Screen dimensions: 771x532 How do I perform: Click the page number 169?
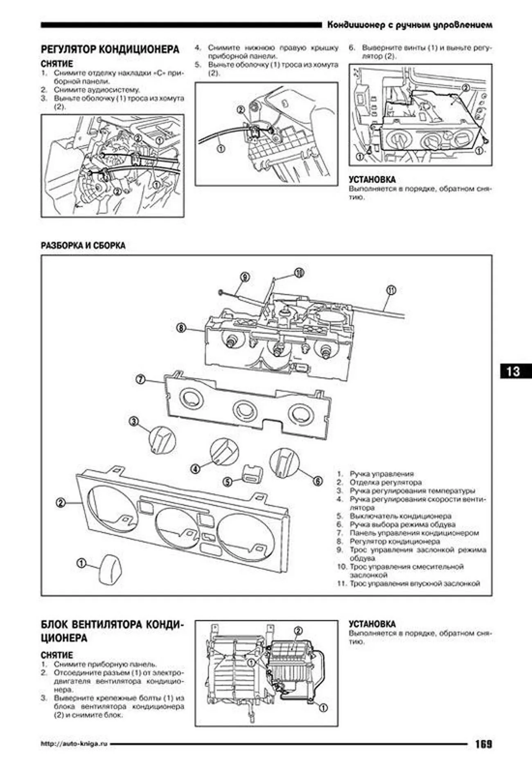tap(483, 744)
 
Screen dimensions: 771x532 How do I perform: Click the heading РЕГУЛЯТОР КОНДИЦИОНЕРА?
tap(110, 50)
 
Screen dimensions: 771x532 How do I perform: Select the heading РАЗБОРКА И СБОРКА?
tap(83, 245)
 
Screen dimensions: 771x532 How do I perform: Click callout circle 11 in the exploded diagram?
tap(391, 290)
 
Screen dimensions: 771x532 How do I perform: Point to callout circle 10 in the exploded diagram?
tap(299, 272)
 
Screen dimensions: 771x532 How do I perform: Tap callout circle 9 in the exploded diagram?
tap(244, 277)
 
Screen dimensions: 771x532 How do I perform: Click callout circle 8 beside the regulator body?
tap(181, 328)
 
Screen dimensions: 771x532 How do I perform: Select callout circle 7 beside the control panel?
tap(140, 380)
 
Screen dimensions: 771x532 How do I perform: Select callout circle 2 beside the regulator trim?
tap(61, 502)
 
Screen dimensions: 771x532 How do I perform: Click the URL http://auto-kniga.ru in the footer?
tap(74, 744)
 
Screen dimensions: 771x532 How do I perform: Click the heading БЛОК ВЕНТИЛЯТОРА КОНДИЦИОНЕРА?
tap(112, 631)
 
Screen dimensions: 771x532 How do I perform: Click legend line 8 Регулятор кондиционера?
tap(394, 541)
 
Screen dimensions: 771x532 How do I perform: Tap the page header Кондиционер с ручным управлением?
tap(409, 25)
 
